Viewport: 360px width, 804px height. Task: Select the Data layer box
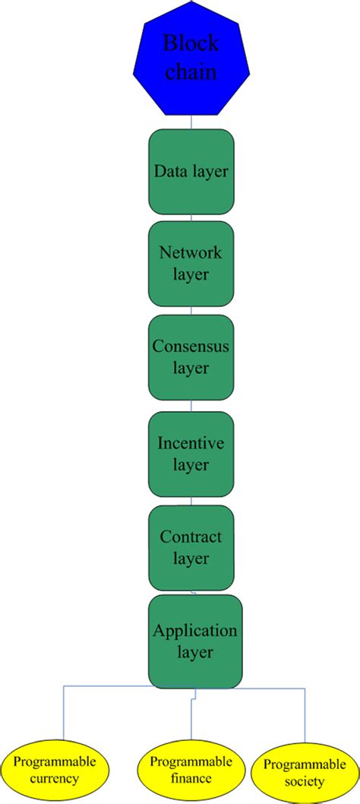click(x=191, y=172)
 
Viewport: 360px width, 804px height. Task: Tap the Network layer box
click(x=191, y=263)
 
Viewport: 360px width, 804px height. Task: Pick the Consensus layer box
click(x=191, y=357)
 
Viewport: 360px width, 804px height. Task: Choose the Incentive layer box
click(x=191, y=454)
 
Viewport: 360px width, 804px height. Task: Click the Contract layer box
click(x=191, y=547)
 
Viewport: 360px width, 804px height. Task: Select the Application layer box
click(x=195, y=641)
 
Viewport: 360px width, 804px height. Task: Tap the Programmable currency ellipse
click(x=55, y=769)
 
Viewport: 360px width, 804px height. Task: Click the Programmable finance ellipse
click(x=191, y=769)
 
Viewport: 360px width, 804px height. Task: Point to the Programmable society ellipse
click(x=298, y=772)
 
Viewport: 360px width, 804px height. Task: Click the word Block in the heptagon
click(x=191, y=43)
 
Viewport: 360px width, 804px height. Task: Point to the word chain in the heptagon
click(x=191, y=73)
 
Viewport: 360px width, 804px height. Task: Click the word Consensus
click(x=191, y=347)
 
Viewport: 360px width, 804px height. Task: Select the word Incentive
click(x=191, y=443)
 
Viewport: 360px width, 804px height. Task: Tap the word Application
click(x=195, y=631)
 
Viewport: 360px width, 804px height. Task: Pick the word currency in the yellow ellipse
click(x=55, y=779)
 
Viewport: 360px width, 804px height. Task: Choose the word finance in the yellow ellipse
click(x=191, y=778)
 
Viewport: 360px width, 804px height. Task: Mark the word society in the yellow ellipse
click(x=298, y=781)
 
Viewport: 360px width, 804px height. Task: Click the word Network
click(x=191, y=253)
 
